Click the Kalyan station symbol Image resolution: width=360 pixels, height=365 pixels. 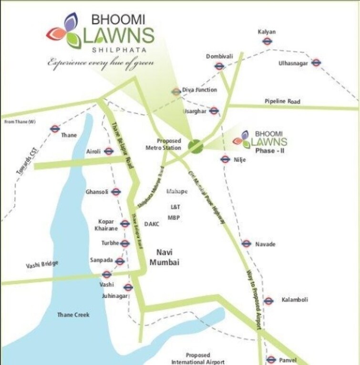(267, 41)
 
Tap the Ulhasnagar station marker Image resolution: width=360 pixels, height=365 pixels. (316, 62)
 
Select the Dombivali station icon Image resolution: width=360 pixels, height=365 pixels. (219, 66)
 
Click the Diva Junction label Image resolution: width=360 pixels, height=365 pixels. (199, 90)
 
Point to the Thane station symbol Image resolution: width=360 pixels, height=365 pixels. (54, 129)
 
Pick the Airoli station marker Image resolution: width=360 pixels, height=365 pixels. (109, 152)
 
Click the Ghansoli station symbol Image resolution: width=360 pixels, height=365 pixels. (116, 192)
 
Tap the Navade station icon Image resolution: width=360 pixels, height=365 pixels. (246, 243)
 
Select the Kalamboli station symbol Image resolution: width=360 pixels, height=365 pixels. (268, 301)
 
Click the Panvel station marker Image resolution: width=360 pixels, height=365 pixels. (271, 360)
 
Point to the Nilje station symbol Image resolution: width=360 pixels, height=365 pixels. (225, 159)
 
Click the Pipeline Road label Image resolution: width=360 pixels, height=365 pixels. (282, 101)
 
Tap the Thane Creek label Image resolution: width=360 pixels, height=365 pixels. (73, 315)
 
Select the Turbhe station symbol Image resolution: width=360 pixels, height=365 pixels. (125, 243)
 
